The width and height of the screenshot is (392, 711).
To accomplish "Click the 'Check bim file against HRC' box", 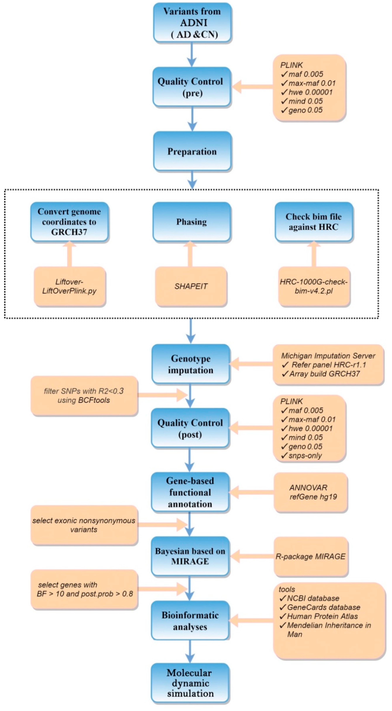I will pos(314,222).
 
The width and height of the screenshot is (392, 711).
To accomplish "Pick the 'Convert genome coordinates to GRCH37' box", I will pos(69,222).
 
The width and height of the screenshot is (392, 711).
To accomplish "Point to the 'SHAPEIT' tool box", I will pos(191,286).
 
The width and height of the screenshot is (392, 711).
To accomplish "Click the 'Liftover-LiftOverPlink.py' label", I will pos(69,286).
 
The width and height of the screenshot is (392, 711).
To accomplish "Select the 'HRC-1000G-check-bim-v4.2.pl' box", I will pos(314,286).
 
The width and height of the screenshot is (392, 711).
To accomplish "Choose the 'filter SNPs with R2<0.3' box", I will pos(84,396).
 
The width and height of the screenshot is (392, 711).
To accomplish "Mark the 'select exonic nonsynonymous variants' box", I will pos(84,525).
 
